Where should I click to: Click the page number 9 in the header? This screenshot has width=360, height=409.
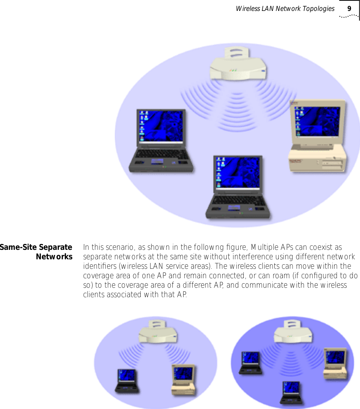(349, 9)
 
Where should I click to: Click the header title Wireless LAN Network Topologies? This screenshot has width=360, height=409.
(285, 9)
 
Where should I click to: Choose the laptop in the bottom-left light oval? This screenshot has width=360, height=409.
(127, 381)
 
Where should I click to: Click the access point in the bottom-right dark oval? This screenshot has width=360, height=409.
(294, 332)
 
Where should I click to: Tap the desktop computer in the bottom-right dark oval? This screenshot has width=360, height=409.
(335, 363)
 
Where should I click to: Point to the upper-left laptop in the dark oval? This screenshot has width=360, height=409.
(251, 363)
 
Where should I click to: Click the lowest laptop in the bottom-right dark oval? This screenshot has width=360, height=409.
(291, 392)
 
